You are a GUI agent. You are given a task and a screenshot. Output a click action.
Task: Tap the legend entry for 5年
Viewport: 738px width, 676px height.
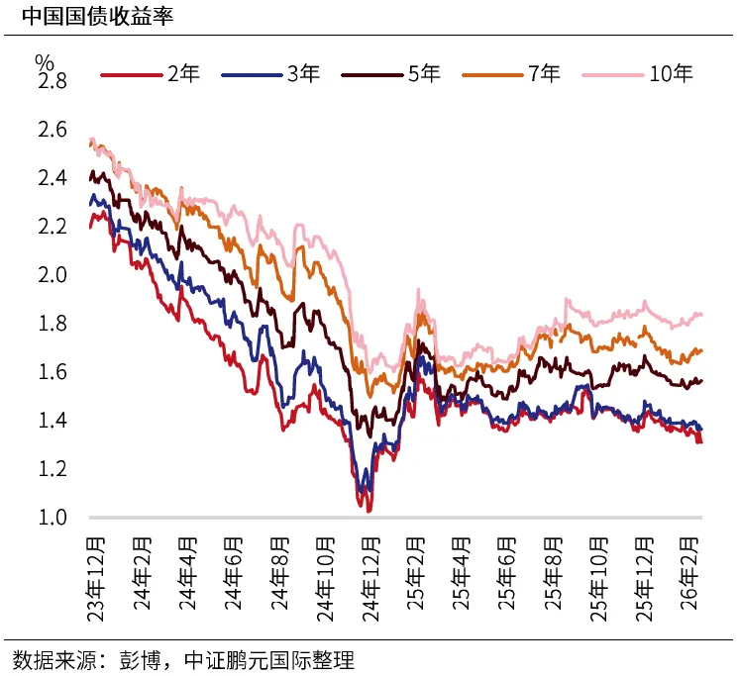pyautogui.click(x=391, y=73)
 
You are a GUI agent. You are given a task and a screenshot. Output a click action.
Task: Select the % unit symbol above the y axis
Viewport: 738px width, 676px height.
pyautogui.click(x=44, y=60)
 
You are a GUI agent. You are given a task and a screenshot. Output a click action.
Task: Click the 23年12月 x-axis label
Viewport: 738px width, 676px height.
pyautogui.click(x=97, y=577)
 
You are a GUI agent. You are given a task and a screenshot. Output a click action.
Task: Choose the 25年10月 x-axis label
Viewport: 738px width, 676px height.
pyautogui.click(x=598, y=577)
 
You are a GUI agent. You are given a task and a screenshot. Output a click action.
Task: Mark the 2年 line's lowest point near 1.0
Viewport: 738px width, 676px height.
pyautogui.click(x=369, y=510)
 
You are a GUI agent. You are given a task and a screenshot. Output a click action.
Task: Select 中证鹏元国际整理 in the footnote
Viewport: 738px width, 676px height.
pyautogui.click(x=281, y=660)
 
